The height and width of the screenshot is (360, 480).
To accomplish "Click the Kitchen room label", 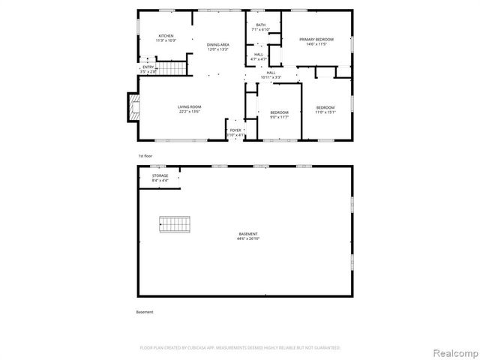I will [x=166, y=36].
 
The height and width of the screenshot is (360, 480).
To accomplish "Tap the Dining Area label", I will [x=217, y=45].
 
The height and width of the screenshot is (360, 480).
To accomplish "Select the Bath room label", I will [x=260, y=25].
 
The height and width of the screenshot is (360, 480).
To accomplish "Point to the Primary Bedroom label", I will [x=316, y=39].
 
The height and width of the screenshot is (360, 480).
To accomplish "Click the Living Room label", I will [x=189, y=106].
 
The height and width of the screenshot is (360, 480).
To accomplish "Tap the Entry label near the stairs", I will [x=148, y=67].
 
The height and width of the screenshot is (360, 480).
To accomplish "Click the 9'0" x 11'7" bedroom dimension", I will [x=279, y=117].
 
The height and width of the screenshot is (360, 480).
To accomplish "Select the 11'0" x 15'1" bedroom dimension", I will [x=325, y=112].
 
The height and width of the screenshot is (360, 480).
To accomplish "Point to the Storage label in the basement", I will [x=160, y=175].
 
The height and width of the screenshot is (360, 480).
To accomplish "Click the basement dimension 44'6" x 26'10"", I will [x=248, y=238].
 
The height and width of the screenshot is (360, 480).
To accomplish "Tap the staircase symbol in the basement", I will [x=175, y=223].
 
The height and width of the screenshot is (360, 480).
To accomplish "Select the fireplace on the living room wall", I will [x=133, y=107].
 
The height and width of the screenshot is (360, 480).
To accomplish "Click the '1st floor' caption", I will [x=145, y=156].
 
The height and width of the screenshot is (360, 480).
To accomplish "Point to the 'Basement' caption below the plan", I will [x=145, y=311].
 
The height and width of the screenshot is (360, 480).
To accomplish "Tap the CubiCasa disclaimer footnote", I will [x=240, y=348].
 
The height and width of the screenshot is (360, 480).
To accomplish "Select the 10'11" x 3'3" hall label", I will [x=271, y=75].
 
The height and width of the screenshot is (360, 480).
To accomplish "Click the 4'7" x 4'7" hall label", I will [x=258, y=57].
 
